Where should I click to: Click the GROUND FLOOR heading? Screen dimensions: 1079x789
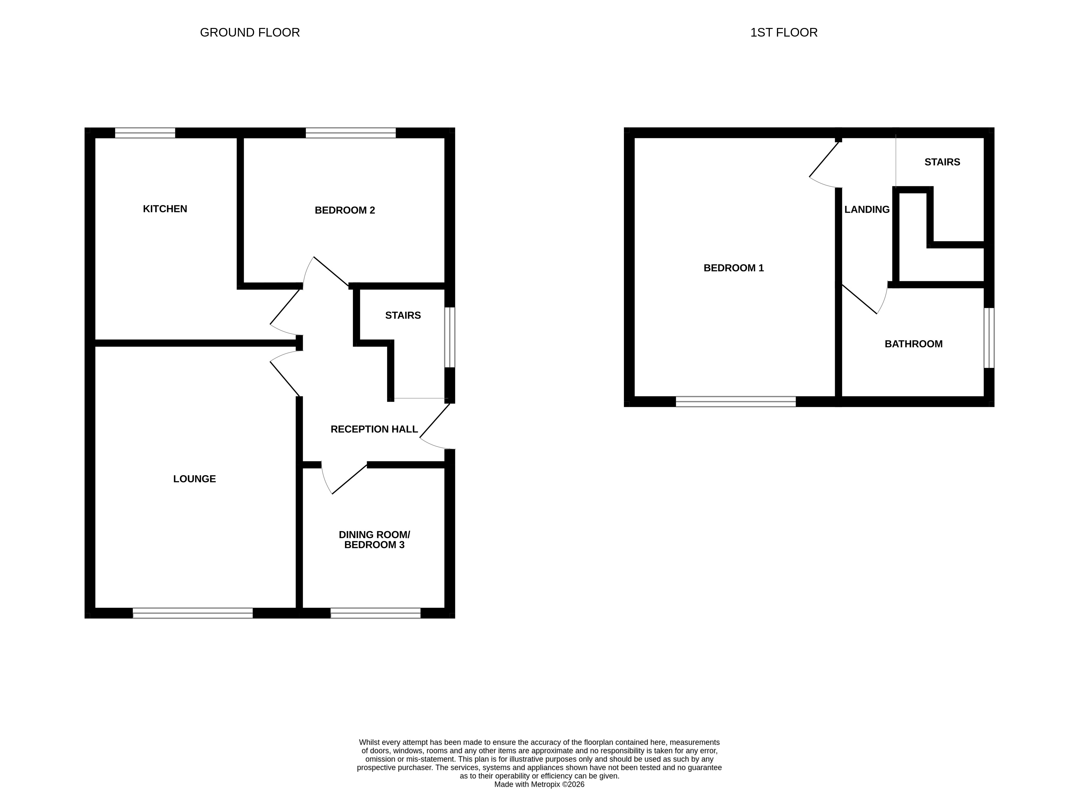coord(250,33)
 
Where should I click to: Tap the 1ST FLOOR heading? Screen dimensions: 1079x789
coord(784,33)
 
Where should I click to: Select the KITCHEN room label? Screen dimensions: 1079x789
coord(165,209)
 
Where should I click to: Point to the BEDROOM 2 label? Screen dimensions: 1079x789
coord(345,210)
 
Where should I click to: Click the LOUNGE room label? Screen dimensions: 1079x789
coord(194,479)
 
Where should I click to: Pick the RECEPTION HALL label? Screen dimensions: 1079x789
coord(374,429)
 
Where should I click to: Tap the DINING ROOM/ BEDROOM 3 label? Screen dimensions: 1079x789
coord(374,540)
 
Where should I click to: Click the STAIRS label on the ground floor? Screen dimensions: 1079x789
coord(403,315)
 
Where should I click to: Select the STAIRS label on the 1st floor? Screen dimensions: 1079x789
coord(942,162)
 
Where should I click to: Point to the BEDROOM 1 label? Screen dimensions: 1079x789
coord(734,268)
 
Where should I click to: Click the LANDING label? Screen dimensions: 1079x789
coord(867,209)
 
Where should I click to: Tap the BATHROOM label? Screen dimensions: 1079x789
coord(913,344)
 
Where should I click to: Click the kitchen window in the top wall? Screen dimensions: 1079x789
coord(145,133)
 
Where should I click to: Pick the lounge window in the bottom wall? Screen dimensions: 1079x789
coord(193,613)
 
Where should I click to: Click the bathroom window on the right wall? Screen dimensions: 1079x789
coord(989,338)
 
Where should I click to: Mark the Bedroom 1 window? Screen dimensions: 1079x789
coord(736,402)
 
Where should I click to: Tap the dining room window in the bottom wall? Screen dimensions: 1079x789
coord(376,613)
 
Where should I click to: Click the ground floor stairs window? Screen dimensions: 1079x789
coord(450,337)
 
